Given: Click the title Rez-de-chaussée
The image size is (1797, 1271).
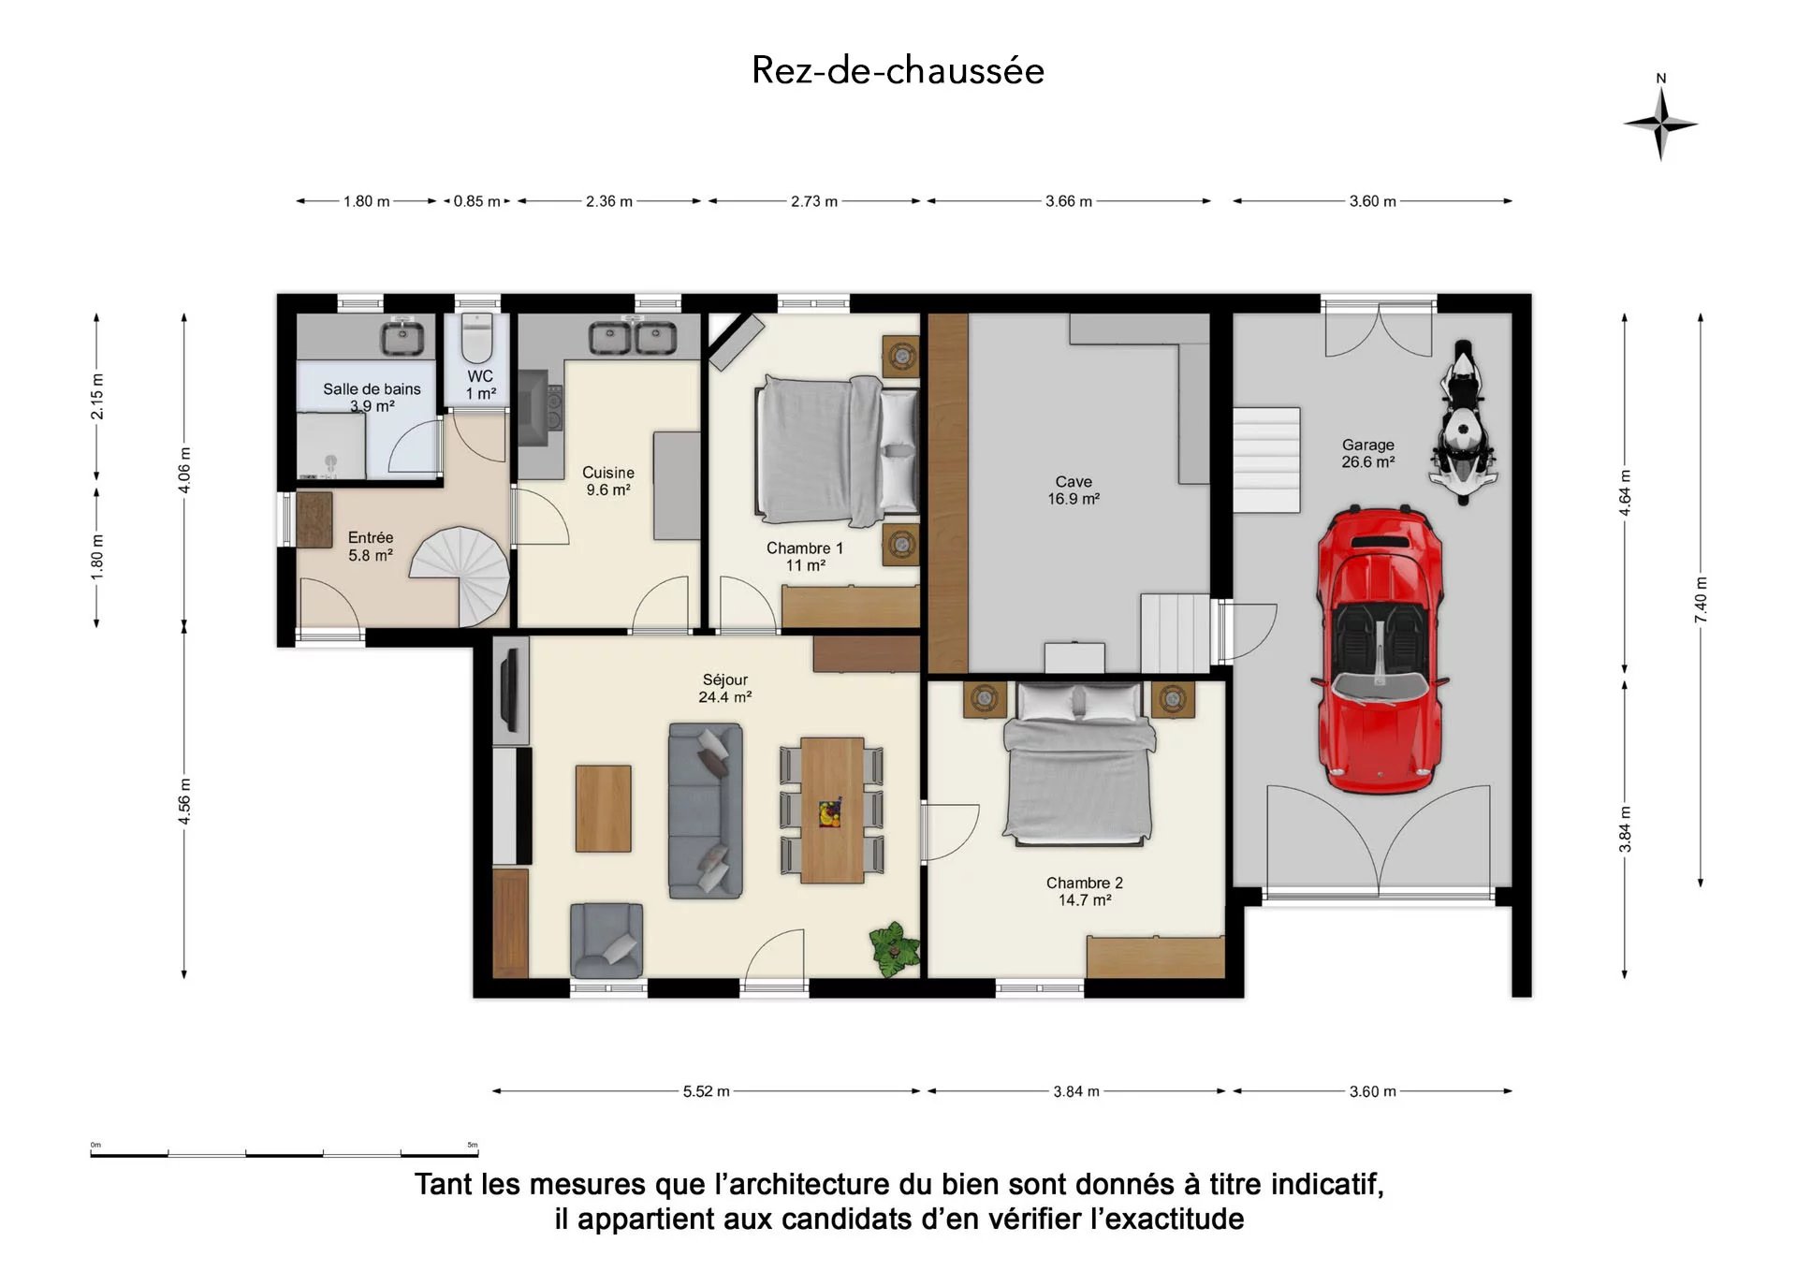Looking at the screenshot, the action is coord(898,70).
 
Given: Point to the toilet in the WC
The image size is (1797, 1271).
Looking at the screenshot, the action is coord(477,339).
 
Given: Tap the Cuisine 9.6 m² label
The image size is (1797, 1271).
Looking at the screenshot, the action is coord(608,481).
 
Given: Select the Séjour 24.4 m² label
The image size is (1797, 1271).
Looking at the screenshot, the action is coord(725,688).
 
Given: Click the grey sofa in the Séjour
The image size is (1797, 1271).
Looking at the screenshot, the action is coord(706,811).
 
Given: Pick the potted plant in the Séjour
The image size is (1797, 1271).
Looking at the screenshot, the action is coord(896,949).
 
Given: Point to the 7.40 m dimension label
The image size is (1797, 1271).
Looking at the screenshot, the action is coord(1701,602).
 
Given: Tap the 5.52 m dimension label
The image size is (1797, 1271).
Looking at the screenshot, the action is coord(707,1091).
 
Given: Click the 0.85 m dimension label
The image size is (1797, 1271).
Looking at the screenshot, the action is coord(477,201).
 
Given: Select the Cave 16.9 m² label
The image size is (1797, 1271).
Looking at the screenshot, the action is coord(1074,490).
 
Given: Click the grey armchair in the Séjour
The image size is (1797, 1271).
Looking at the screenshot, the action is coord(606,940).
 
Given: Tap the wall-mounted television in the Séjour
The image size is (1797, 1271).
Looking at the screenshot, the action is coord(509,691).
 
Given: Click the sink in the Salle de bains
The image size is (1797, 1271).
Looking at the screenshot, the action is coord(402,336).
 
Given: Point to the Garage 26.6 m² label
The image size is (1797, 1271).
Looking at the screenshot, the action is coord(1368,454).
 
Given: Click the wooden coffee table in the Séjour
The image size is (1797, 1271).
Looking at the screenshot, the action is coord(604,809).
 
